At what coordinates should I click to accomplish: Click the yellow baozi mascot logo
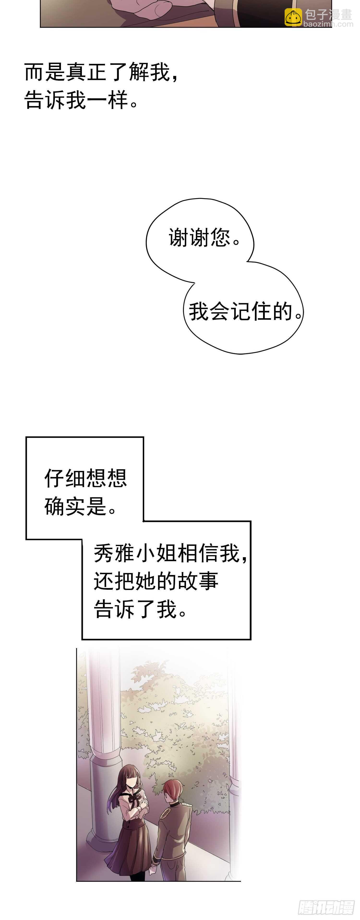(293, 17)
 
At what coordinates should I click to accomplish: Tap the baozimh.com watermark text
(328, 24)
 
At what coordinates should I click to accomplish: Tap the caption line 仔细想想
(86, 478)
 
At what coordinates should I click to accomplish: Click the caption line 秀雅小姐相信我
(170, 553)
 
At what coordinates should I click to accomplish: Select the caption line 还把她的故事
(156, 581)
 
